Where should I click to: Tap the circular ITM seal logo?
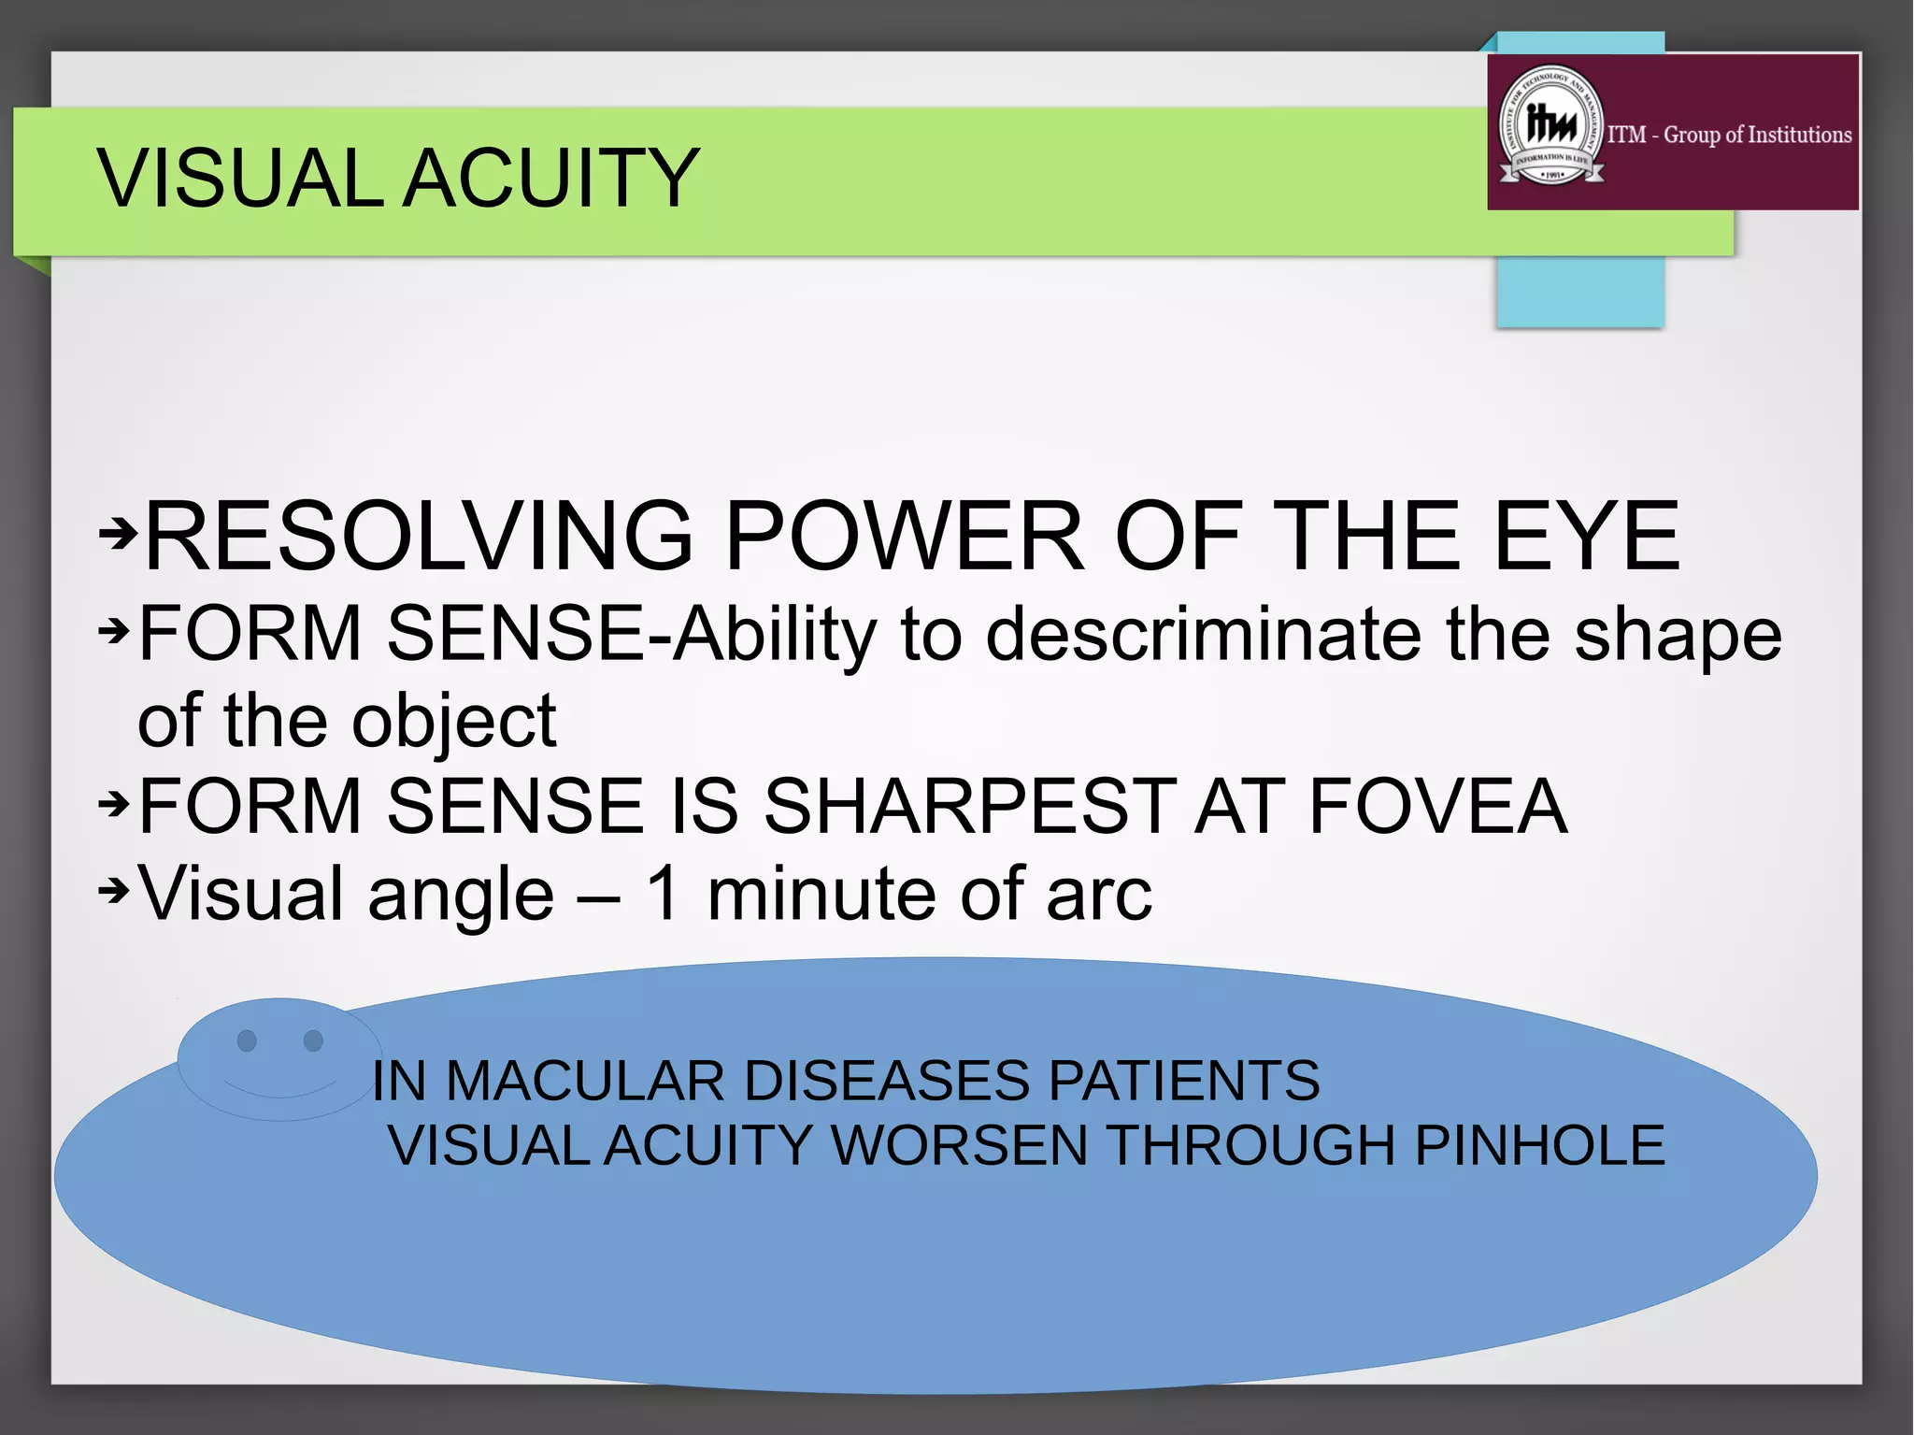click(x=1551, y=126)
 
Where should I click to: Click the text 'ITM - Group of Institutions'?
click(x=1729, y=135)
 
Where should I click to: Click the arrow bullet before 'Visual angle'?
click(x=114, y=891)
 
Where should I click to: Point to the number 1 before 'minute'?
click(x=663, y=893)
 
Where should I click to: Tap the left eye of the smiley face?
click(x=247, y=1040)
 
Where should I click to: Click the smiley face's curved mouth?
click(x=279, y=1091)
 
